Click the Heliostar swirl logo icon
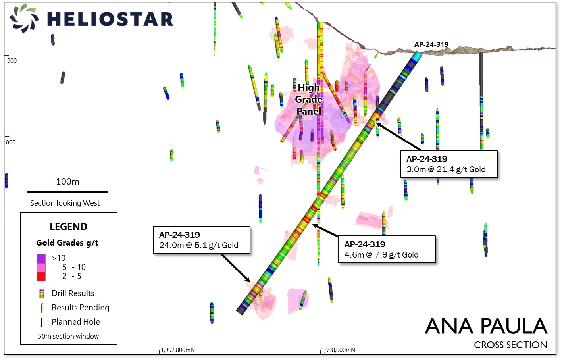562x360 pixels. pyautogui.click(x=24, y=18)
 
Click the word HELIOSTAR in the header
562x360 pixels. pyautogui.click(x=110, y=19)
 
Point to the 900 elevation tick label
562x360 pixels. pyautogui.click(x=12, y=61)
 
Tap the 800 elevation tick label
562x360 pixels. pyautogui.click(x=11, y=142)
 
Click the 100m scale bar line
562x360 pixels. pyautogui.click(x=68, y=192)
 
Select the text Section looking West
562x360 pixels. pyautogui.click(x=65, y=203)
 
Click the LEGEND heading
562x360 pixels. pyautogui.click(x=69, y=227)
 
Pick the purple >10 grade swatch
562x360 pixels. pyautogui.click(x=41, y=259)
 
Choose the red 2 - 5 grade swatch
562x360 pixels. pyautogui.click(x=41, y=277)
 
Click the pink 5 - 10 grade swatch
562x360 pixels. pyautogui.click(x=41, y=268)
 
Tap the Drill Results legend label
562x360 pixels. pyautogui.click(x=73, y=293)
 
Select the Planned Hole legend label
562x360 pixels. pyautogui.click(x=76, y=322)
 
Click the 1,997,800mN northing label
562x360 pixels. pyautogui.click(x=178, y=350)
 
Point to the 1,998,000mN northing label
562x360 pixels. pyautogui.click(x=338, y=350)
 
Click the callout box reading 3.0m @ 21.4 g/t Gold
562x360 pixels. pyautogui.click(x=448, y=164)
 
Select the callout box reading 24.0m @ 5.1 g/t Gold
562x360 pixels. pyautogui.click(x=202, y=240)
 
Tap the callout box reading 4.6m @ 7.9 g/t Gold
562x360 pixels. pyautogui.click(x=387, y=249)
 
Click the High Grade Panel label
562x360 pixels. pyautogui.click(x=309, y=99)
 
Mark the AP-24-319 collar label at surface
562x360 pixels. pyautogui.click(x=431, y=44)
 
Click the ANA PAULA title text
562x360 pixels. pyautogui.click(x=486, y=326)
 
